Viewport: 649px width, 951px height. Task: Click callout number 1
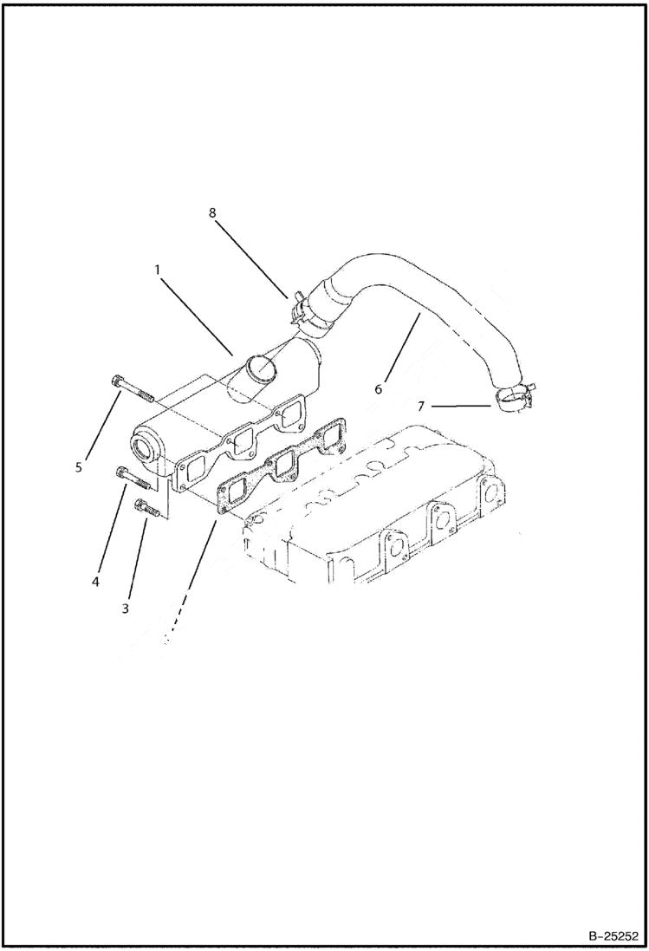[x=158, y=270]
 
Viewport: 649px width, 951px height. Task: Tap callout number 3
[x=126, y=609]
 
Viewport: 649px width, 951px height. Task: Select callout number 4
[x=96, y=581]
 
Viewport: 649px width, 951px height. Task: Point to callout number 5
[x=78, y=467]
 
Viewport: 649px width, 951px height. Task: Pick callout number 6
[x=379, y=389]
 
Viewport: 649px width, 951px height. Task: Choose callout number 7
[x=421, y=405]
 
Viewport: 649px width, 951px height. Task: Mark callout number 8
[x=212, y=211]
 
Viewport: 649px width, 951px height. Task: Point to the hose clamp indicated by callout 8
[x=308, y=312]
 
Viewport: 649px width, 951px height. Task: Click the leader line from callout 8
[x=251, y=258]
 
